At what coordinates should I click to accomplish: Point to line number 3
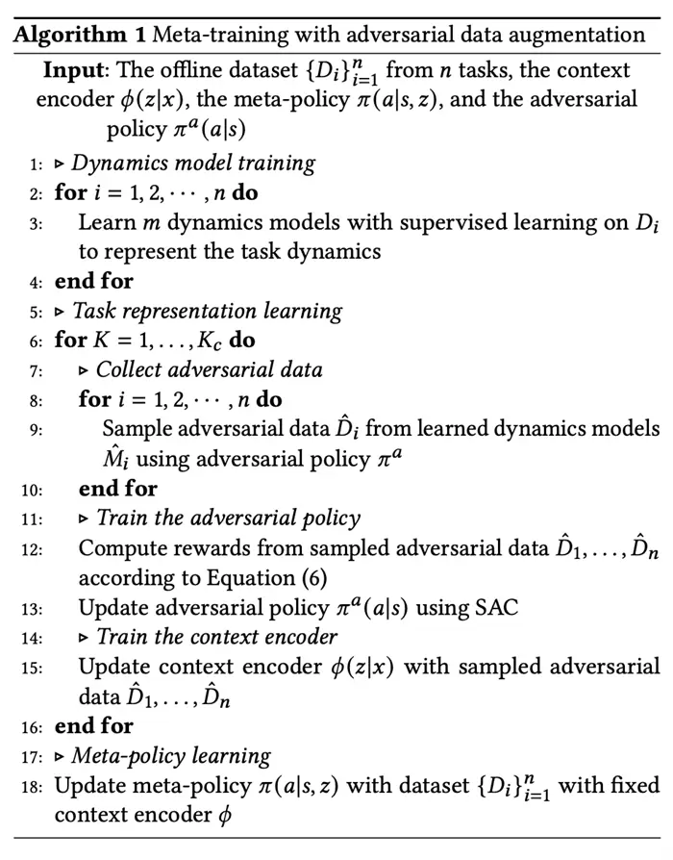(36, 222)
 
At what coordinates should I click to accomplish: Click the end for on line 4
(94, 282)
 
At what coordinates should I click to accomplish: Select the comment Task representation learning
(208, 312)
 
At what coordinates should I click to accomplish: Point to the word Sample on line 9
(135, 429)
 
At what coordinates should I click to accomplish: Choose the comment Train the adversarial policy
(228, 519)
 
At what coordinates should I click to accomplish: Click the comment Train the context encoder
(216, 637)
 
